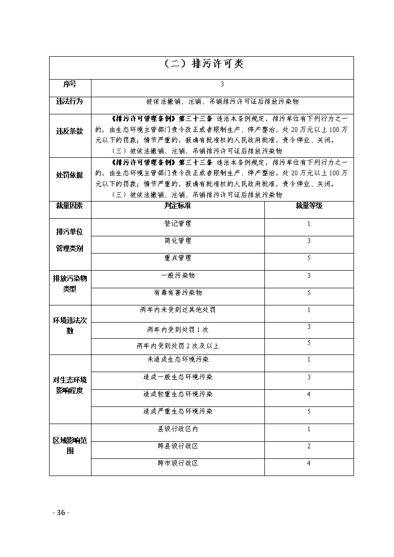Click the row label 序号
pos(70,84)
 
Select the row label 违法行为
pos(70,101)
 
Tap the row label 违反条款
pos(70,132)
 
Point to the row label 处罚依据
pos(70,175)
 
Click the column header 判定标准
pos(178,206)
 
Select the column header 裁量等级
pos(309,206)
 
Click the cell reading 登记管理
pos(178,223)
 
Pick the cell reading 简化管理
pos(178,241)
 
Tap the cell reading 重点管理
pos(178,258)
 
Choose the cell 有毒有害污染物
pos(178,293)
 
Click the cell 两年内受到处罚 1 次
pos(178,329)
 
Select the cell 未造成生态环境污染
pos(178,360)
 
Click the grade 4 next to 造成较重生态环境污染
pos(309,395)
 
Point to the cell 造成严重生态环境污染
pos(178,411)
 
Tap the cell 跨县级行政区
pos(178,446)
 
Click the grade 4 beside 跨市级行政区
pos(309,463)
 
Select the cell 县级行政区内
pos(178,429)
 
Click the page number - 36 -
pos(61,513)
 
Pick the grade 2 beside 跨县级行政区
pos(309,446)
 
